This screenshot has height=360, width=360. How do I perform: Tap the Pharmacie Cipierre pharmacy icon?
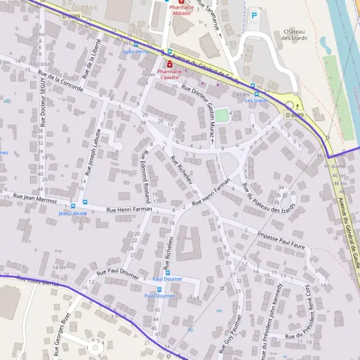click(x=170, y=63)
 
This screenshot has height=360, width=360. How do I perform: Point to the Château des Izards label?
click(x=295, y=35)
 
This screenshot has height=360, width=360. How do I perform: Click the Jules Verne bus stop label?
click(x=136, y=52)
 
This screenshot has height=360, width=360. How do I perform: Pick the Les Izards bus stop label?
click(x=256, y=100)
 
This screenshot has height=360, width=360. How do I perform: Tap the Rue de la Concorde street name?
click(x=61, y=82)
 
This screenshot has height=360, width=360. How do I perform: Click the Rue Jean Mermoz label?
click(x=35, y=198)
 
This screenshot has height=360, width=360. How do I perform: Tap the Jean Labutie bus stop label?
click(x=73, y=213)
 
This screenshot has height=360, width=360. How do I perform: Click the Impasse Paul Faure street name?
click(x=281, y=237)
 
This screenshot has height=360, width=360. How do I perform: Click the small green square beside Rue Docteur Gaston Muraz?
click(x=222, y=114)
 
